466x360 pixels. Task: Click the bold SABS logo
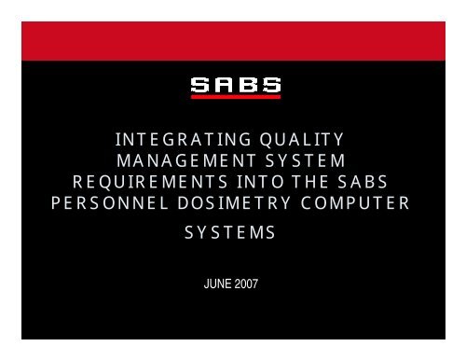coord(234,87)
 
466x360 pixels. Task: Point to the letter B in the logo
coord(246,87)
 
